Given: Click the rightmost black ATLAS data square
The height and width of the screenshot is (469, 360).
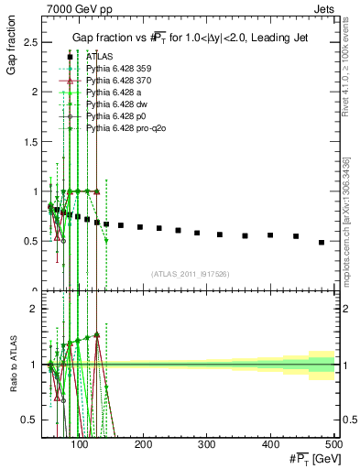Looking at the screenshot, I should [322, 242].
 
